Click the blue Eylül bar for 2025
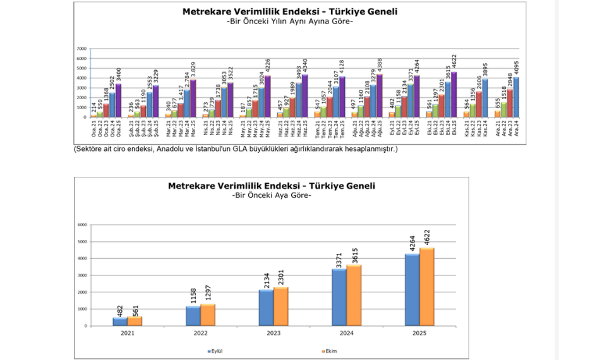[x=412, y=290]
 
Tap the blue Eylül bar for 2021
[x=119, y=322]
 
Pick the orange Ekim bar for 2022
[x=208, y=315]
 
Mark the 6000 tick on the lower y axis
[x=81, y=225]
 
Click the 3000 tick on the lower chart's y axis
[x=81, y=275]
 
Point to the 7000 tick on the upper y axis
[x=81, y=49]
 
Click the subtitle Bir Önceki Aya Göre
[x=272, y=196]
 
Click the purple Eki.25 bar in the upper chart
[x=454, y=95]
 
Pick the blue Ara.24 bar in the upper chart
[x=517, y=97]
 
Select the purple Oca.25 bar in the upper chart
[x=118, y=100]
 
